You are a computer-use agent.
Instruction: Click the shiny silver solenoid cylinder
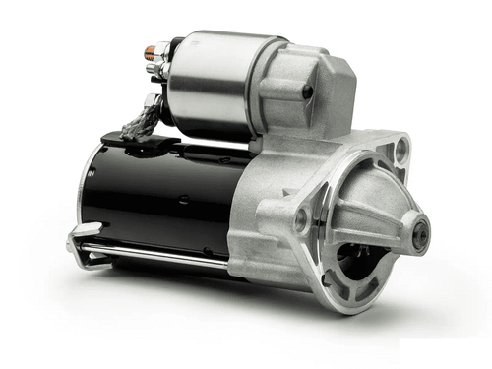pos(212,84)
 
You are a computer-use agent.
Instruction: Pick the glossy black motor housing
pos(157,197)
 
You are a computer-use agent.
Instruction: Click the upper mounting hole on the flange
pos(400,150)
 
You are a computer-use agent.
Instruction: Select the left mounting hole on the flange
pos(301,220)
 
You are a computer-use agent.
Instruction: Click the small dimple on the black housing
pos(183,200)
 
